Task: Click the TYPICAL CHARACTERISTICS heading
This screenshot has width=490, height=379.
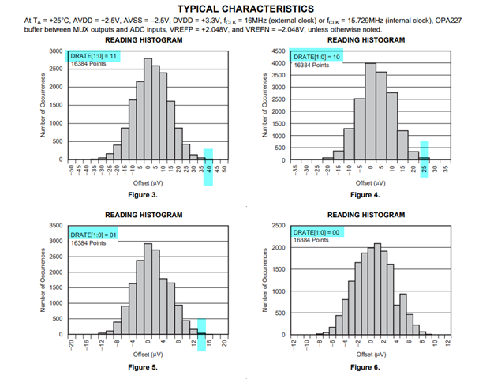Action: [245, 9]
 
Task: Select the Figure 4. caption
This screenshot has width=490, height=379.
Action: [365, 193]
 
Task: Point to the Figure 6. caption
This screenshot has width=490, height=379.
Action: [365, 367]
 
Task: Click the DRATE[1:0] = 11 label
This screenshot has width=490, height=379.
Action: [94, 55]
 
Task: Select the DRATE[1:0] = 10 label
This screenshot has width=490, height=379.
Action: [318, 56]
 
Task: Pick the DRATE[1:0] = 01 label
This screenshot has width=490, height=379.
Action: [94, 233]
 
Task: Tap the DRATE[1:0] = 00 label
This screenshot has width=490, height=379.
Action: [318, 231]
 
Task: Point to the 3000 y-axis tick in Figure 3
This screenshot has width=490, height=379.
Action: [56, 51]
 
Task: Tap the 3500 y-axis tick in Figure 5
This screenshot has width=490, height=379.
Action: [56, 225]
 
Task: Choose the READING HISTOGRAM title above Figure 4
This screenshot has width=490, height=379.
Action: [365, 39]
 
